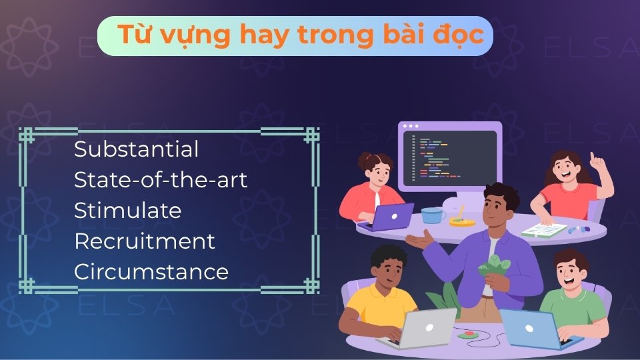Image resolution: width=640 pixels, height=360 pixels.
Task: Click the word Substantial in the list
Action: coord(136,149)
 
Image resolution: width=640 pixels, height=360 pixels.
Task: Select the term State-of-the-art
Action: coord(160,180)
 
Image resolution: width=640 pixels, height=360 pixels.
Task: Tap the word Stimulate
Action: coord(127,211)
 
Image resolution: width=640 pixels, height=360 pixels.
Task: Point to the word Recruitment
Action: coord(144,241)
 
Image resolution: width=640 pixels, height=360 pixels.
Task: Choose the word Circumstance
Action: coord(151,272)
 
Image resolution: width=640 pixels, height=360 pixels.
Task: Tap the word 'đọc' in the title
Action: coord(460,35)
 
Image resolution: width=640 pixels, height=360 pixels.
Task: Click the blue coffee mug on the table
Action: coord(433,215)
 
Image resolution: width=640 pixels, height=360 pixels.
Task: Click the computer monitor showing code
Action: coord(451,157)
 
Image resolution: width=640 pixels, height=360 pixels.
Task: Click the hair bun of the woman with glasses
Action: coord(366,161)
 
